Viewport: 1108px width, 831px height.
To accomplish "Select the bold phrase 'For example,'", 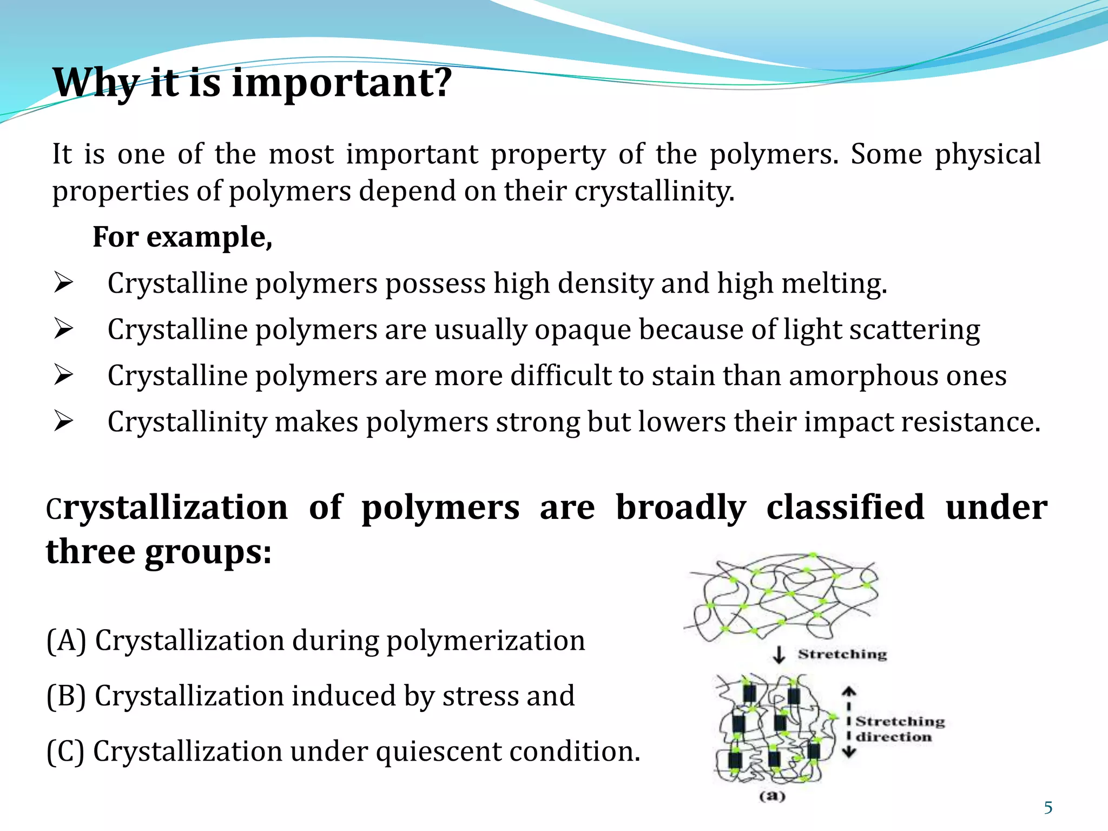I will tap(182, 238).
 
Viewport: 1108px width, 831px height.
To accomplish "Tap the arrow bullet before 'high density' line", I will tap(63, 282).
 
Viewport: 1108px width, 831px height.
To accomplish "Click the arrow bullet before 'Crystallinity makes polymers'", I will tap(63, 421).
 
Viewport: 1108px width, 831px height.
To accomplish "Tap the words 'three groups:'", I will tap(159, 552).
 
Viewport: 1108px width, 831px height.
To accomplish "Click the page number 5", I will tap(1048, 808).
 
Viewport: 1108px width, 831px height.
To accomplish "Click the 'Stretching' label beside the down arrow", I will tap(842, 655).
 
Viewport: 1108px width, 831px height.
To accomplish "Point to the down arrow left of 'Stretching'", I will tap(779, 655).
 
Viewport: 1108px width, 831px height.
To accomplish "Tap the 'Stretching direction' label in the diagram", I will tap(899, 729).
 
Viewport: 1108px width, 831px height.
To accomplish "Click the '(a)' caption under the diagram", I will tap(772, 796).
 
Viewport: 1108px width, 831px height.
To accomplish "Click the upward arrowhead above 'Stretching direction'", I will tap(849, 692).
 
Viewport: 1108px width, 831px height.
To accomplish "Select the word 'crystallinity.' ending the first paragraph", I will tap(654, 192).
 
